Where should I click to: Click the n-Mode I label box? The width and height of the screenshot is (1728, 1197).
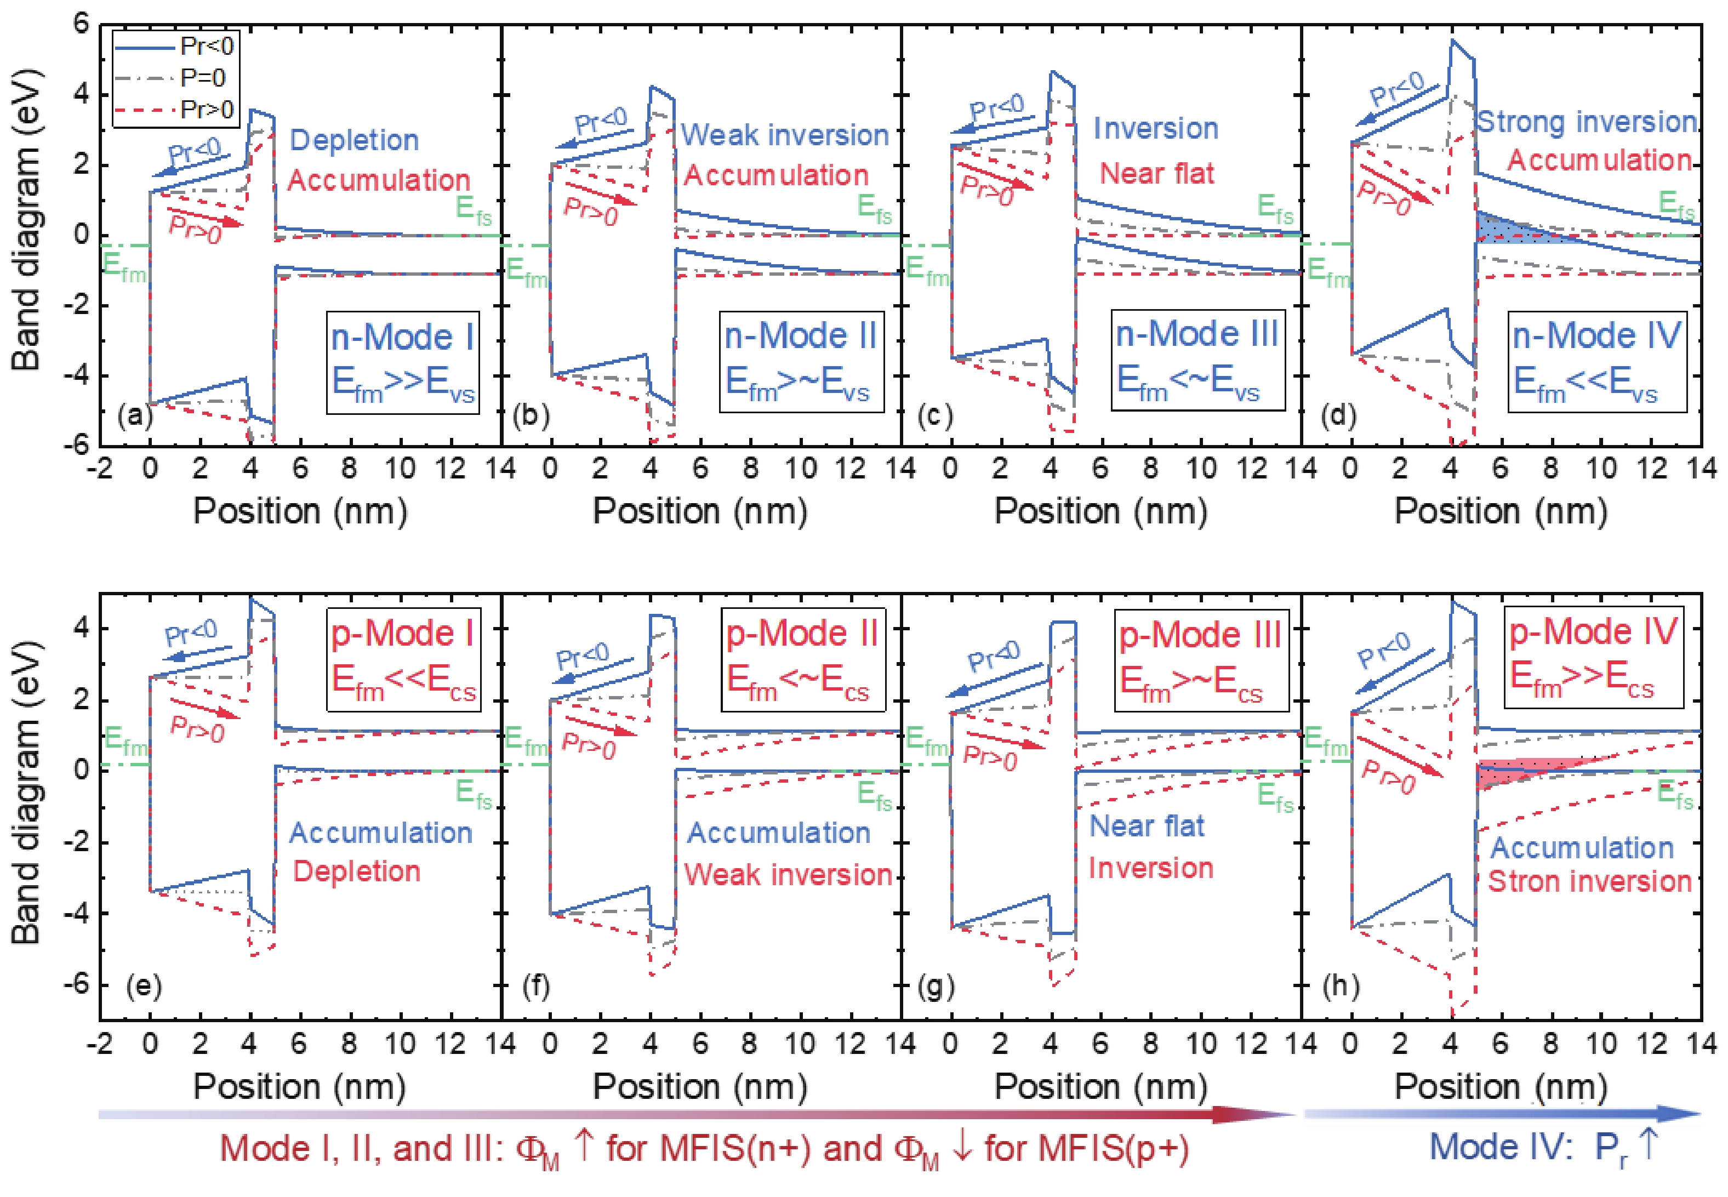coord(403,362)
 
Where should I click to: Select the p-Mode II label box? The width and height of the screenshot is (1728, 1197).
coord(802,658)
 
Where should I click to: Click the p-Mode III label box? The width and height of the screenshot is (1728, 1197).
coord(1200,658)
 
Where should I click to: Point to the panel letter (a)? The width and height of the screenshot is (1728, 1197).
coord(135,415)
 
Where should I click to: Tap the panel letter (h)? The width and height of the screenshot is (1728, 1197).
coord(1340,985)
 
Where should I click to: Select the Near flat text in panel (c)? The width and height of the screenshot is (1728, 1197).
coord(1156,173)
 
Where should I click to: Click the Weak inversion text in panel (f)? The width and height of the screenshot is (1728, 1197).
coord(788,875)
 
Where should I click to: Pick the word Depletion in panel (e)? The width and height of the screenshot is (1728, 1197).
coord(356,871)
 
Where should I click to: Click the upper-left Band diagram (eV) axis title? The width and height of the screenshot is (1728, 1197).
coord(26,221)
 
